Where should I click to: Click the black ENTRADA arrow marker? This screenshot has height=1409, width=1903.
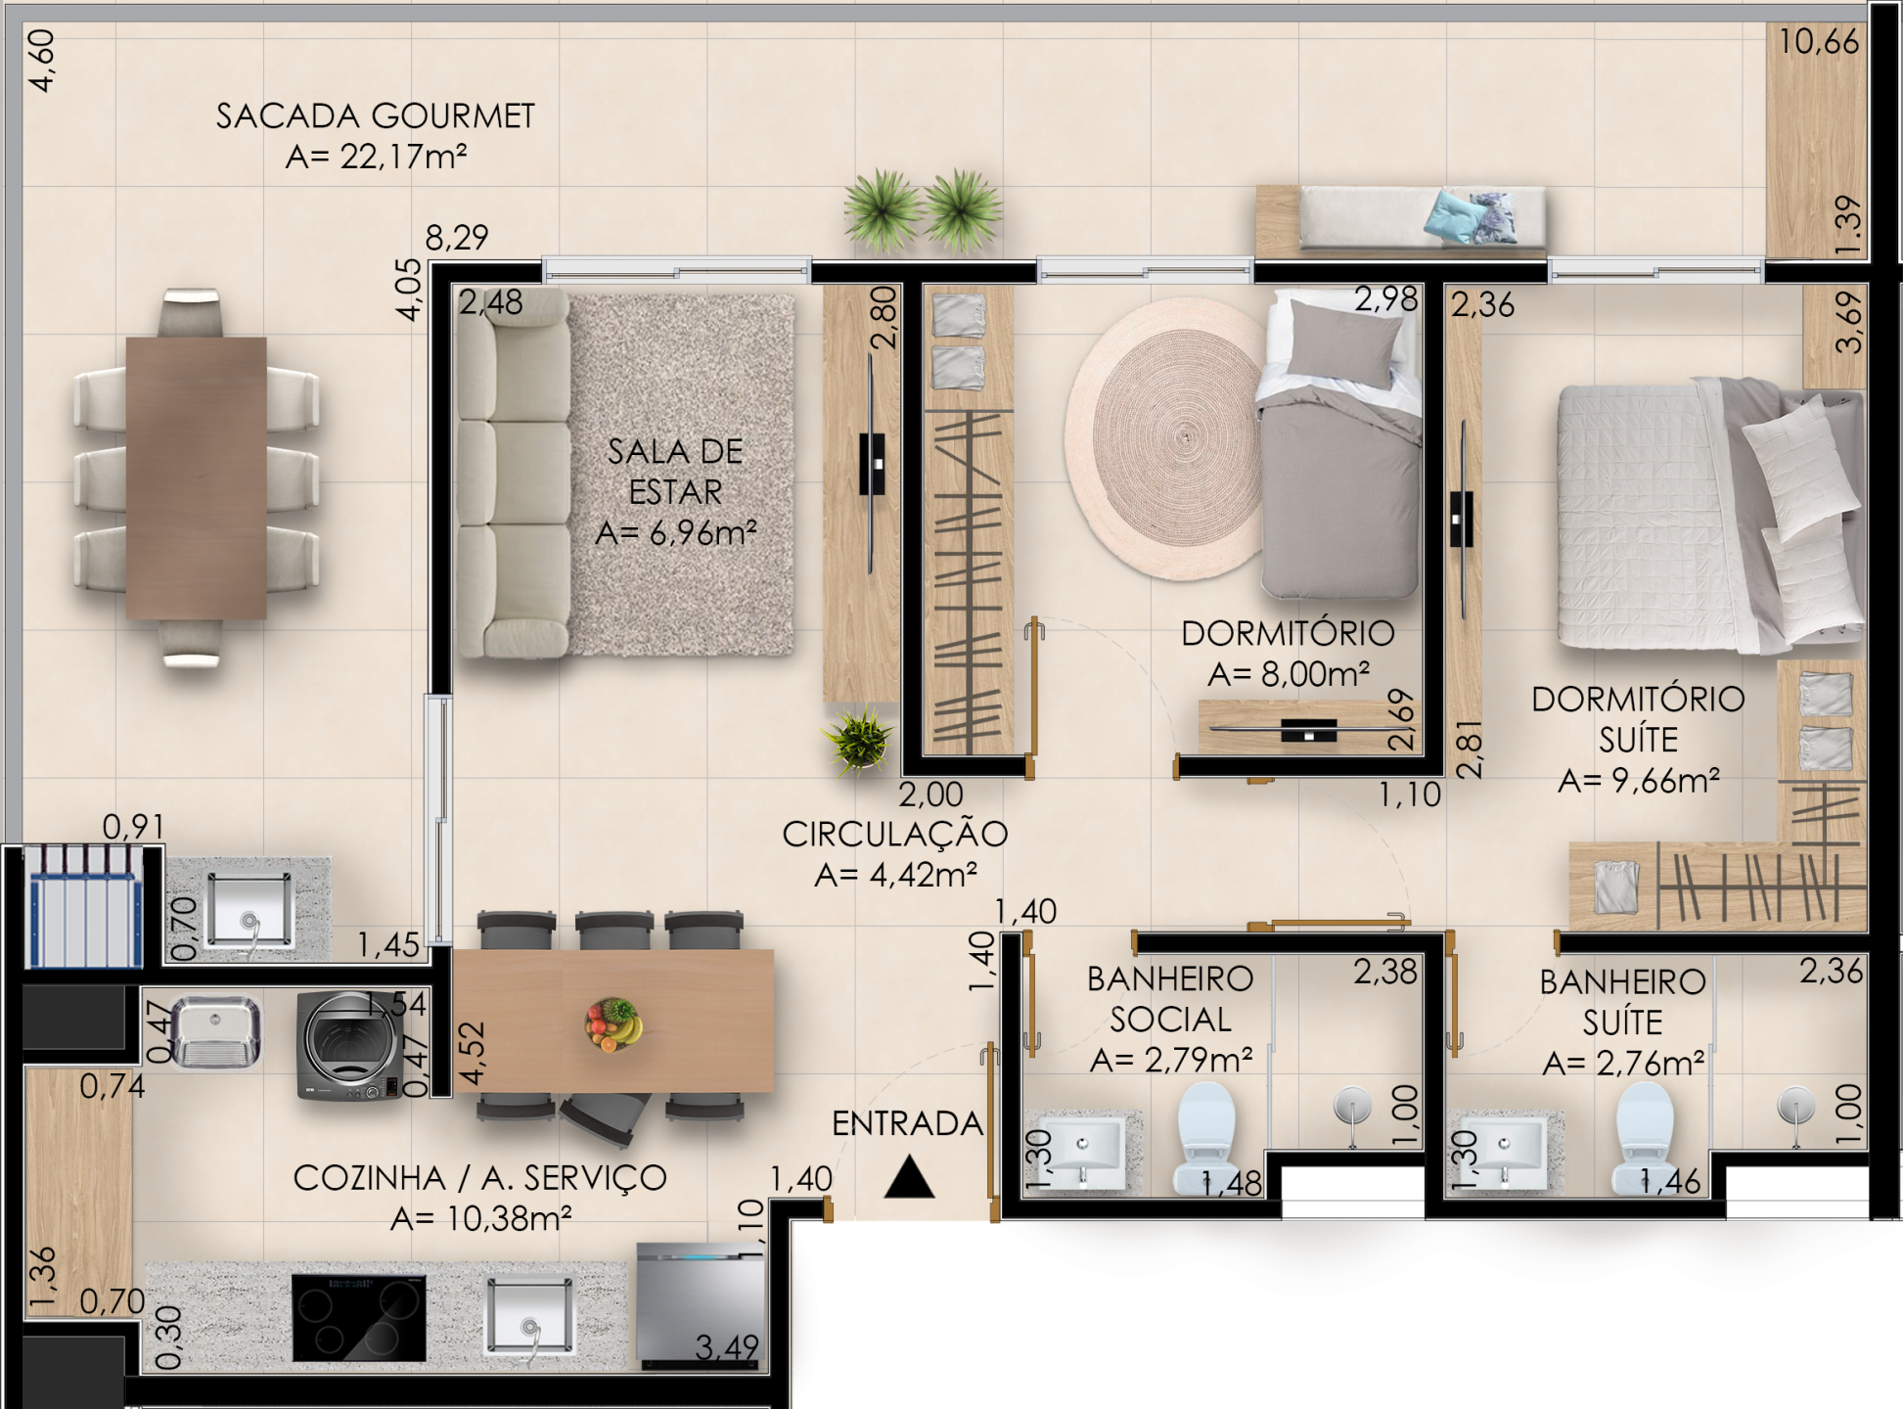(x=909, y=1177)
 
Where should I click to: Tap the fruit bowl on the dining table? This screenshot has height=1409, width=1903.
(x=612, y=1023)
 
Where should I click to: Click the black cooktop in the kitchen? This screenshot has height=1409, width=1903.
(x=359, y=1317)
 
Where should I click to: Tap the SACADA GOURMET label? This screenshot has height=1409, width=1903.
(x=375, y=116)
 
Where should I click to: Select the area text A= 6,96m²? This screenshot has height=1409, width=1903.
(x=676, y=533)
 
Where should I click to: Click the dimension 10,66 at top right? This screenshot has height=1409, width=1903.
(x=1818, y=42)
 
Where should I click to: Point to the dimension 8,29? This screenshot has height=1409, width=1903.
(x=456, y=238)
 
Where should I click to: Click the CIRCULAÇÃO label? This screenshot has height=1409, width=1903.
(x=894, y=834)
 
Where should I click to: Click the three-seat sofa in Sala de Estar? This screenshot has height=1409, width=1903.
(x=513, y=474)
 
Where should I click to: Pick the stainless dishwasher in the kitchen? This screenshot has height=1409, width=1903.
(x=701, y=1306)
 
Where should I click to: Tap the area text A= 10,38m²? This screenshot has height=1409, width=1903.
(x=480, y=1219)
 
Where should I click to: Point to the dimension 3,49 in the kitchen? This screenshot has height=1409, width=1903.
(x=727, y=1347)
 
